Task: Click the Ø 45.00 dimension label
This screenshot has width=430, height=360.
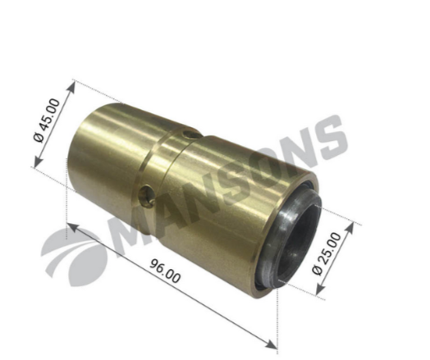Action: (47, 121)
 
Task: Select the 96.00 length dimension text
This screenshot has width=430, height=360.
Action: (165, 271)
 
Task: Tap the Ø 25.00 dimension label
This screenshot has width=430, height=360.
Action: (327, 253)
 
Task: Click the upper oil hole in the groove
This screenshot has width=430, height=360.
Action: (189, 134)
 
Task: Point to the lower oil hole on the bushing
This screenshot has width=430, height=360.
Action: (146, 196)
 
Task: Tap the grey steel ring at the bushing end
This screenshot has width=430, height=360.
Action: (290, 236)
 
